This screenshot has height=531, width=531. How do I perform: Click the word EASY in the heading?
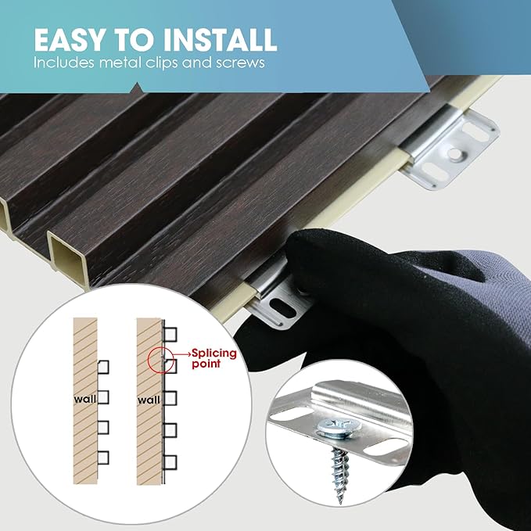(x=70, y=40)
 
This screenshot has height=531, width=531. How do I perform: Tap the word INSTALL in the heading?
(x=221, y=40)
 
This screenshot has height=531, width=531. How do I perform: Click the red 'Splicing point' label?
(x=214, y=358)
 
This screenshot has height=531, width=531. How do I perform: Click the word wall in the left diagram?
(x=85, y=400)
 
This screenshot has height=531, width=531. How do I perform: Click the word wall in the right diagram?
(x=149, y=400)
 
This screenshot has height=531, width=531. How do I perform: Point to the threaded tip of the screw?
(x=340, y=497)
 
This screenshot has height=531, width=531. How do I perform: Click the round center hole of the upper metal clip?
(x=454, y=154)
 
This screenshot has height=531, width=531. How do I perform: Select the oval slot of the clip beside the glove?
(x=282, y=308)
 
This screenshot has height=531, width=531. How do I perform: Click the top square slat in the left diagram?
(x=103, y=367)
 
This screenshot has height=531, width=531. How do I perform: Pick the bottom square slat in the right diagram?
(x=170, y=462)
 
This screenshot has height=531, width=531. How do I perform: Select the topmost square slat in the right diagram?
(x=170, y=335)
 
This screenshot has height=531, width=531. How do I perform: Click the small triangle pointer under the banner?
(x=137, y=88)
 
